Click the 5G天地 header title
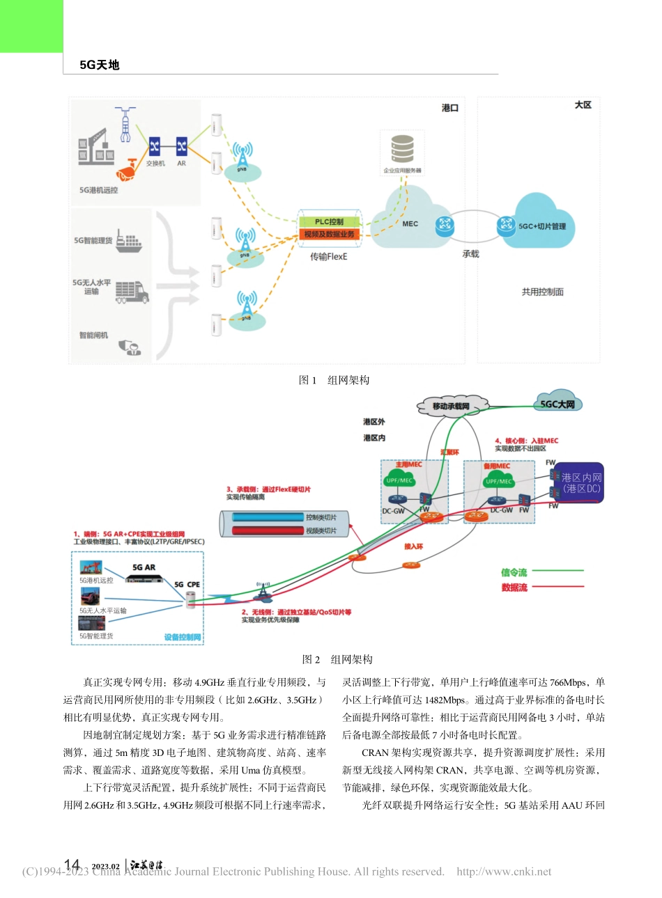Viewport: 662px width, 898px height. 100,65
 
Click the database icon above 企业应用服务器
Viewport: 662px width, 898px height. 402,148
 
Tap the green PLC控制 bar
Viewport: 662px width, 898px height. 329,222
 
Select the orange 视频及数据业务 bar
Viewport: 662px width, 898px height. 329,235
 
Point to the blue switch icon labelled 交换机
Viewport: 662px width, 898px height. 155,146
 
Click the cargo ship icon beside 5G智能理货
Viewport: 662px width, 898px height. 128,241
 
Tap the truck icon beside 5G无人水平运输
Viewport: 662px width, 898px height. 132,291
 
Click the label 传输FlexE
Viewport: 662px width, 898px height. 328,257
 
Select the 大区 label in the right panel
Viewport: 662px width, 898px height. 583,105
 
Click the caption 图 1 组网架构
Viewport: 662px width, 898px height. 334,380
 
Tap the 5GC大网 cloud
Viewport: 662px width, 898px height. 557,404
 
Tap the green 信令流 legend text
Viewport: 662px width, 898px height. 514,572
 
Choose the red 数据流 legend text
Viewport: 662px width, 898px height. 514,588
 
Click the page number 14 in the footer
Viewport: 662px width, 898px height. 72,865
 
